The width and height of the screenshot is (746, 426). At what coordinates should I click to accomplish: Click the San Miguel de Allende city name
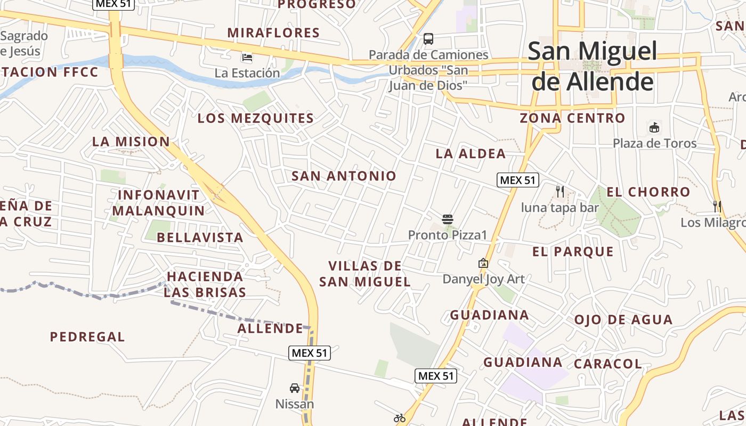(x=593, y=66)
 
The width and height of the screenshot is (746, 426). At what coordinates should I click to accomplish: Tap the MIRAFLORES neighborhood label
(x=273, y=32)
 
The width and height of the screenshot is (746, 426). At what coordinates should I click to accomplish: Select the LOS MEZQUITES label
(x=256, y=118)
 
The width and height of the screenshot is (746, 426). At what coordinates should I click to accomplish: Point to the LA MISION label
(x=131, y=142)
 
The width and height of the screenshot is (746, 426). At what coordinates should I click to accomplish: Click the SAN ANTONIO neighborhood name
(x=344, y=176)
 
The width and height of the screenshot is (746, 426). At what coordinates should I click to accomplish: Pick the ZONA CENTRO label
(x=572, y=118)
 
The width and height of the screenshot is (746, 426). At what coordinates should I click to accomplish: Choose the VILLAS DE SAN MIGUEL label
(x=365, y=274)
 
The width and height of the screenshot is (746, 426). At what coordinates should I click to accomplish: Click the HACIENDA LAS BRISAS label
(x=205, y=284)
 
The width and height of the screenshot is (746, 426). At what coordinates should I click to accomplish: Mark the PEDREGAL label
(x=87, y=337)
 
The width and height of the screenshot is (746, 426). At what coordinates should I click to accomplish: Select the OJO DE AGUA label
(x=623, y=320)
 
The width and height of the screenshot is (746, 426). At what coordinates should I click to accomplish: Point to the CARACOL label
(x=607, y=364)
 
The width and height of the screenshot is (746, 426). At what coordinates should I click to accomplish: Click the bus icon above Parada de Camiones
(x=428, y=38)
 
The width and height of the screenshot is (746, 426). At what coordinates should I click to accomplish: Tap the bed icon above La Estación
(x=247, y=57)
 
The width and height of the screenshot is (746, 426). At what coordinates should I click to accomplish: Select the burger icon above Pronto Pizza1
(x=447, y=219)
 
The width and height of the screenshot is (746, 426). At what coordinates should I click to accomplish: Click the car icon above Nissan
(x=295, y=388)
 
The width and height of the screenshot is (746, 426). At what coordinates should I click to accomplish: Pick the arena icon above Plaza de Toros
(x=654, y=127)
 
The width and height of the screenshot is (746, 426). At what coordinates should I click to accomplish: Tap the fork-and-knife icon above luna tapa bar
(x=559, y=192)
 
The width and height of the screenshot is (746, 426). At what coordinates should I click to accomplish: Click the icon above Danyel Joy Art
(x=483, y=263)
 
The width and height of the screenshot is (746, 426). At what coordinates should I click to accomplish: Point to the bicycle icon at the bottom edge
(x=400, y=418)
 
